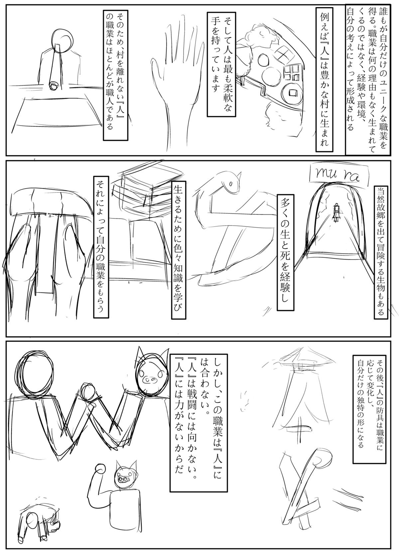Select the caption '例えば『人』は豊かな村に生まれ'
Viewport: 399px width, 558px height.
tap(325, 79)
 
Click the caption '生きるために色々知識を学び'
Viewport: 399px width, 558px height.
tap(179, 250)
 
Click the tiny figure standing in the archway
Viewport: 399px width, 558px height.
tap(337, 212)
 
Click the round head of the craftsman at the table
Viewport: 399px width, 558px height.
tap(63, 42)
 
